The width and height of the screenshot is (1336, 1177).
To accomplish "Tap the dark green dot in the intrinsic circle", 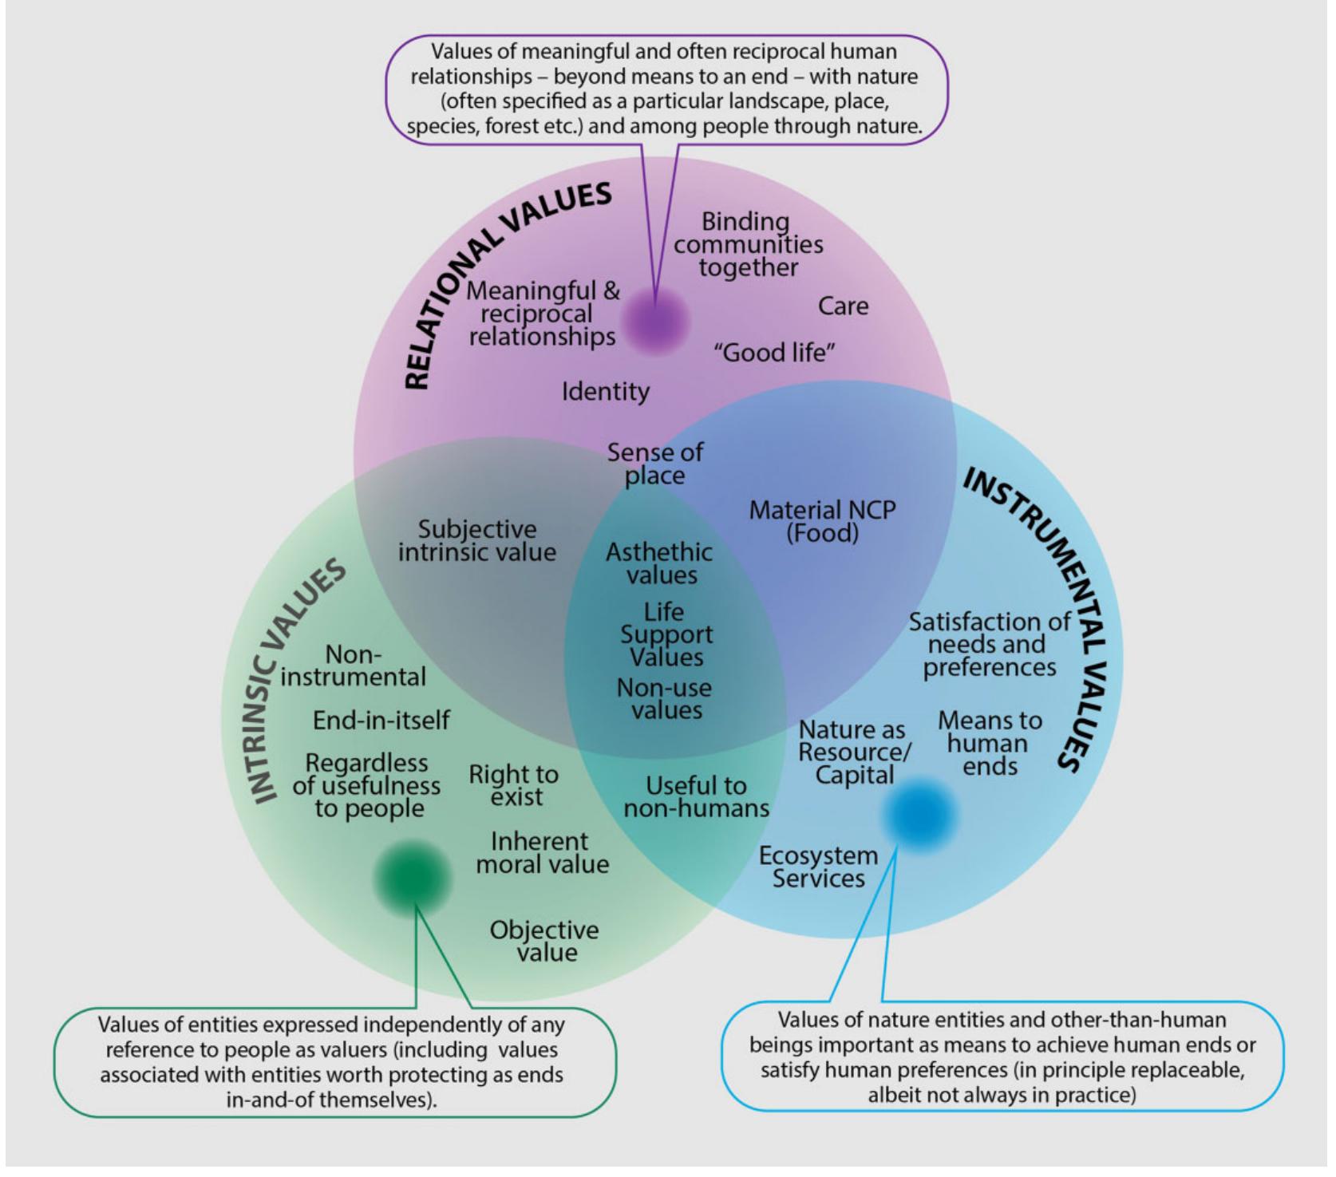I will [x=413, y=878].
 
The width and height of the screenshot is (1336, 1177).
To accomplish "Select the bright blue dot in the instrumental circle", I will [x=919, y=814].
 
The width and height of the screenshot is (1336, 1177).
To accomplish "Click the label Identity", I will [x=605, y=392].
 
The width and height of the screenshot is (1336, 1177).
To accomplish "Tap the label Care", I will [x=843, y=306].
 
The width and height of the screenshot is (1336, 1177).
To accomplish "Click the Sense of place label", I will [x=655, y=464].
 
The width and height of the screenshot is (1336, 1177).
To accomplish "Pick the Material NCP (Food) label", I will [x=822, y=521].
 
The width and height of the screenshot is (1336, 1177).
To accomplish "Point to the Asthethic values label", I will [x=659, y=563].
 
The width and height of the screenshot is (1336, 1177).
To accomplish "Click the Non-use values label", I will [x=664, y=699].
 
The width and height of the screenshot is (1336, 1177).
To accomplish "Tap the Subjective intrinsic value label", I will [x=477, y=540].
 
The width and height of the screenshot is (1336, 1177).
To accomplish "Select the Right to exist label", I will [x=514, y=785].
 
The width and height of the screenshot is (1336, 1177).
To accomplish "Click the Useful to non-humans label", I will [x=696, y=796].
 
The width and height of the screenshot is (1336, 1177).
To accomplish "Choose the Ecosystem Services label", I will [x=818, y=867].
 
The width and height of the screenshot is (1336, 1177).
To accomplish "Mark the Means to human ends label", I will [x=990, y=743].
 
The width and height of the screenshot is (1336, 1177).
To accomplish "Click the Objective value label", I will [x=544, y=941].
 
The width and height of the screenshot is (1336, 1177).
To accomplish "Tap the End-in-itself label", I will [x=381, y=720].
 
